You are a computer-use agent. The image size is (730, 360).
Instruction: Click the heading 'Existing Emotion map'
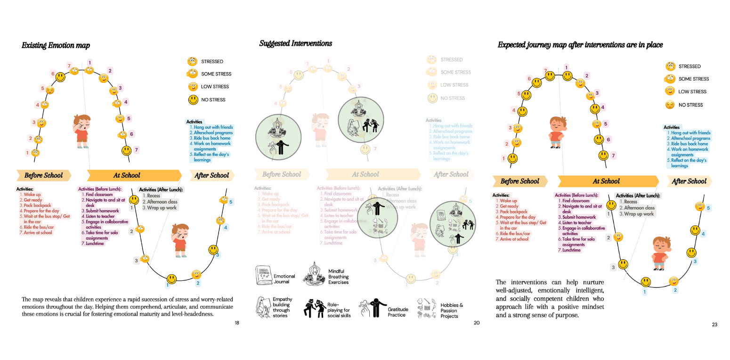(56, 46)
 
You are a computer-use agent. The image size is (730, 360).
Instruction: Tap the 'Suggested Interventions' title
(295, 43)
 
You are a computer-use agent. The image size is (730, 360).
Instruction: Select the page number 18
(236, 323)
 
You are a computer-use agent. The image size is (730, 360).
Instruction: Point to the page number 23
(714, 324)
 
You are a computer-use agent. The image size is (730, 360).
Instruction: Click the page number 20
(477, 323)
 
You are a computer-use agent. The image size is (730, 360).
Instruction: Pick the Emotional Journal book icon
(263, 275)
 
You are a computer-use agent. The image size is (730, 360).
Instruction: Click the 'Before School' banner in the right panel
(520, 181)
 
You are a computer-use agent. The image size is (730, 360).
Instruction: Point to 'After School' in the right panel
(689, 181)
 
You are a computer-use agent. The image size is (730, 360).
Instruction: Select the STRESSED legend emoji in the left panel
(192, 61)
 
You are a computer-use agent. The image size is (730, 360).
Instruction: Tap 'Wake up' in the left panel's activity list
(32, 195)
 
